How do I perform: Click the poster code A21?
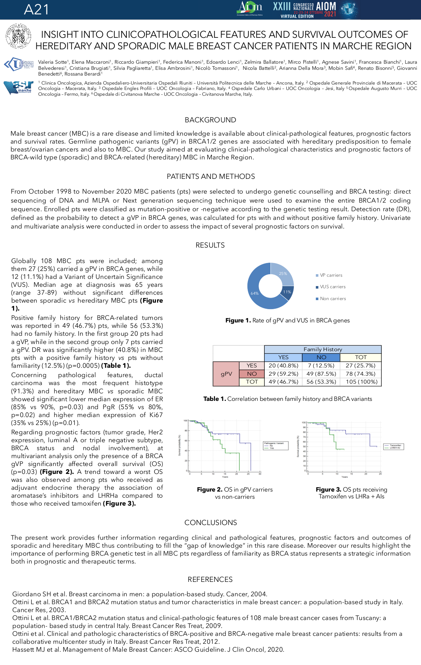[x=36, y=10]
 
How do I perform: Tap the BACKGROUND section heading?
[x=210, y=120]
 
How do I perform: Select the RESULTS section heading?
[x=210, y=245]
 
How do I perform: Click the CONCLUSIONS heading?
[x=211, y=523]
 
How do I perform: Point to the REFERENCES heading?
[x=210, y=580]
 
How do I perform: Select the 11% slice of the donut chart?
[x=287, y=292]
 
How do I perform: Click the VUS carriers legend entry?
[x=332, y=287]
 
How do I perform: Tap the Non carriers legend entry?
[x=333, y=299]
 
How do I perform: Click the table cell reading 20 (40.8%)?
[x=283, y=366]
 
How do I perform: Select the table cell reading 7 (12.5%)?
[x=321, y=366]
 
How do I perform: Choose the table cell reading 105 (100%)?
[x=361, y=382]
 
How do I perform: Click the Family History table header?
[x=323, y=349]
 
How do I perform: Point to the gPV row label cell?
[x=226, y=374]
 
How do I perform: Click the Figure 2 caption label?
[x=209, y=490]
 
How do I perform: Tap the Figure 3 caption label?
[x=328, y=490]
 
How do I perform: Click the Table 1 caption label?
[x=215, y=399]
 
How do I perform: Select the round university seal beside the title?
[x=18, y=36]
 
